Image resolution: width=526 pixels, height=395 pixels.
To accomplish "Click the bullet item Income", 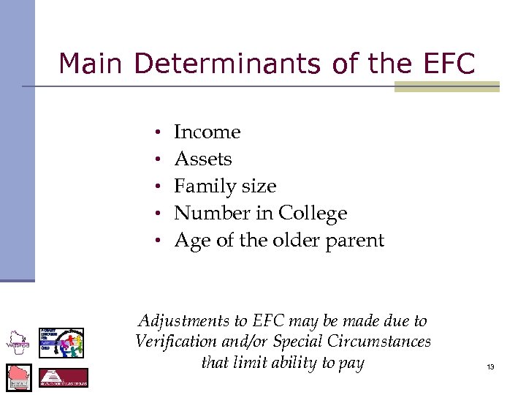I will (x=207, y=132).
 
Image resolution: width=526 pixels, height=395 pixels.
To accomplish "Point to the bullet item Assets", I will (x=202, y=159).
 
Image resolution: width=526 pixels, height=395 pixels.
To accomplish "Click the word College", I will (x=312, y=214).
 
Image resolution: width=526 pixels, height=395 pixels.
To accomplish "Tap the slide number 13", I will (x=490, y=366).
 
